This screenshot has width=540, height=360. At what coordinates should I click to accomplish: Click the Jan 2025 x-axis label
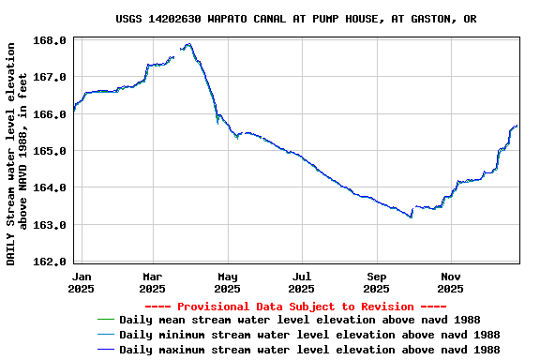(82, 282)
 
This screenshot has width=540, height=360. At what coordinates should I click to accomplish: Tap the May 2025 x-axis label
(228, 282)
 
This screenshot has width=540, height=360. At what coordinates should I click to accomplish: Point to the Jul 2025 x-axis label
(302, 282)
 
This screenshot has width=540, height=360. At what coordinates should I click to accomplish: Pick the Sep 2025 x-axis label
(377, 282)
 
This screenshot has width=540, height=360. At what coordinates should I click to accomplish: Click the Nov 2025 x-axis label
(451, 282)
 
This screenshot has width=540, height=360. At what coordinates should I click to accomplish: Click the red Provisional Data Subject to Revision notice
(295, 307)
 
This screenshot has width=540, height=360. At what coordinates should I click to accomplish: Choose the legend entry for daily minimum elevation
(309, 335)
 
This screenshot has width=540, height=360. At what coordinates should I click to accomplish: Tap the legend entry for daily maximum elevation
(309, 350)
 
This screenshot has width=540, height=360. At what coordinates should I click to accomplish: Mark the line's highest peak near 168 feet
(188, 44)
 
